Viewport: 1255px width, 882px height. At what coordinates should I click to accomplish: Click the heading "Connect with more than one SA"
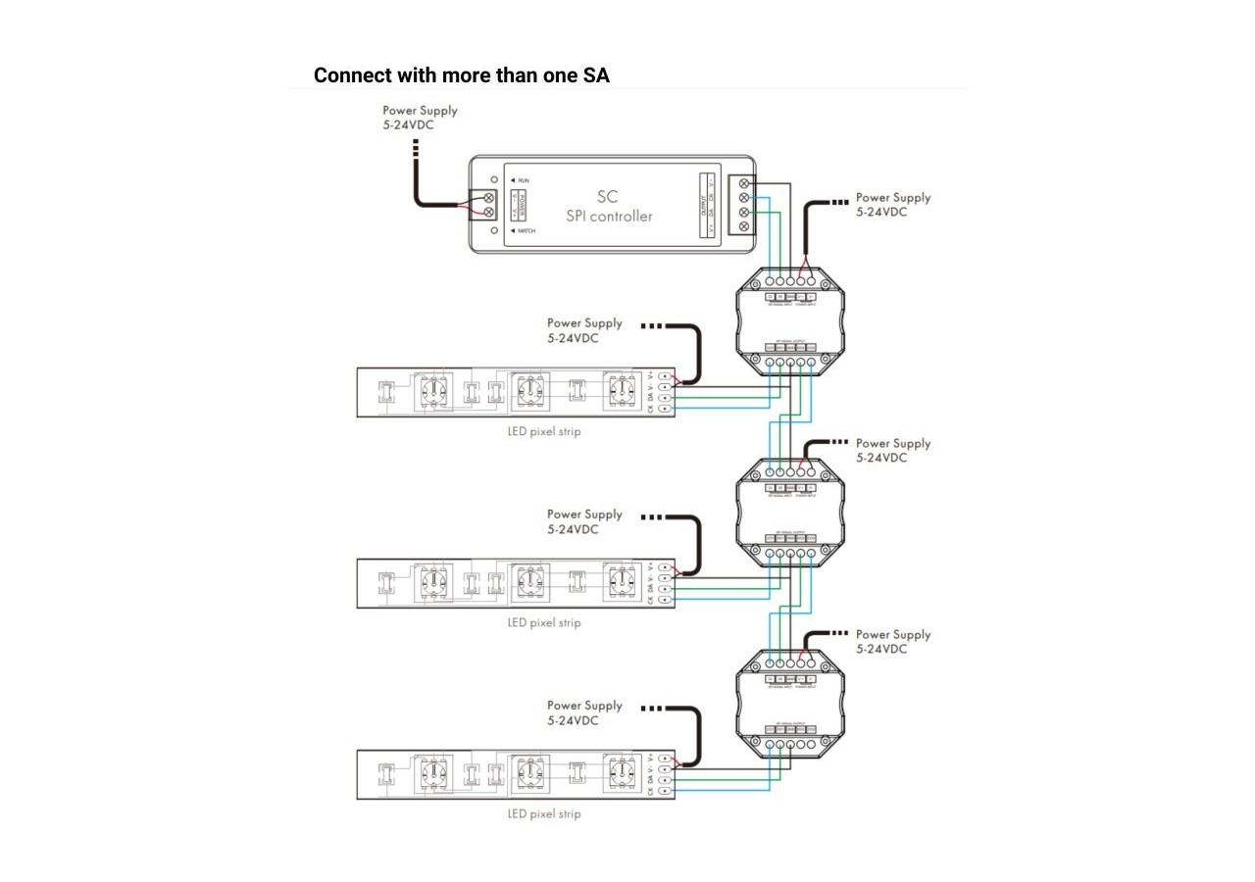(461, 75)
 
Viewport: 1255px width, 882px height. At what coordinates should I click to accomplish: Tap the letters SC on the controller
(608, 198)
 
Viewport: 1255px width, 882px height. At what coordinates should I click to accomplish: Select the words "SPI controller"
(608, 216)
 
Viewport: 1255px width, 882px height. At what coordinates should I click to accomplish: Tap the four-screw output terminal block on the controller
(743, 205)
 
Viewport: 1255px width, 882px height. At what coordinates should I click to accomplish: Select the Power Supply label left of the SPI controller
(420, 118)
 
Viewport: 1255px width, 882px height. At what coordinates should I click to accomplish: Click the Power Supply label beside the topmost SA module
(893, 205)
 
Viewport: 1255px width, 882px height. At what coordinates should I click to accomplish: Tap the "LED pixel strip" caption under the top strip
(544, 432)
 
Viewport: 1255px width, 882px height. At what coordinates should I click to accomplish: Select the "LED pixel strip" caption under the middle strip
(544, 623)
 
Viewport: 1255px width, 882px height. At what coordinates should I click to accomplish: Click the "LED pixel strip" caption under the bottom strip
(544, 814)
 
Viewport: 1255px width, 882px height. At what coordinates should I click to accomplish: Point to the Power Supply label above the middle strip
(584, 521)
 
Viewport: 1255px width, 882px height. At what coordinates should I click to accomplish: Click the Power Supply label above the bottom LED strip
(584, 712)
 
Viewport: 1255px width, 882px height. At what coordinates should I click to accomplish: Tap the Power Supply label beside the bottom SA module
(893, 642)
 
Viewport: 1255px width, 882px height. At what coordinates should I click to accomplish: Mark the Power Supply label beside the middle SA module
(893, 451)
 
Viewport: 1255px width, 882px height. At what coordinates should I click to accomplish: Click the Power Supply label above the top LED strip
(584, 330)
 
